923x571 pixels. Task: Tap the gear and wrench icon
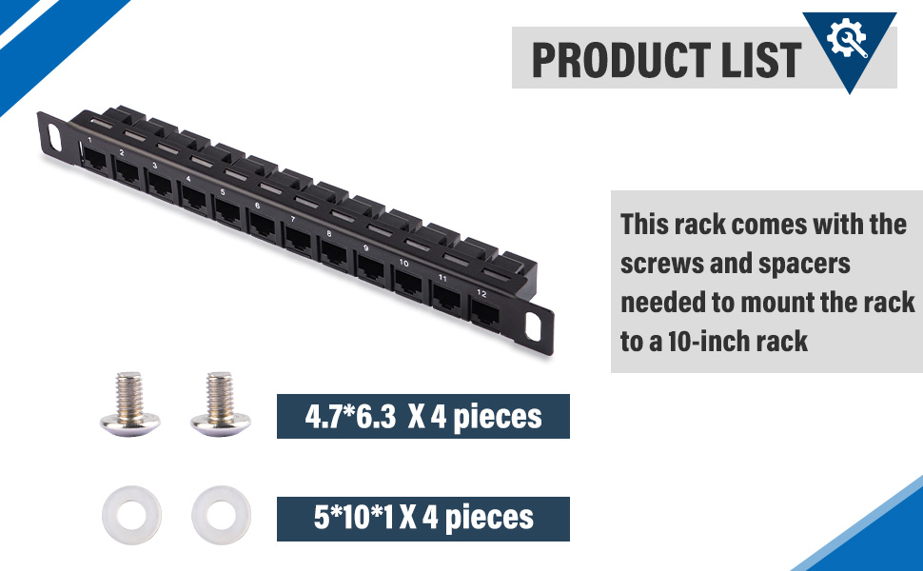847,38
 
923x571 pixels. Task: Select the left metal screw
129,404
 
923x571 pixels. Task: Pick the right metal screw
220,404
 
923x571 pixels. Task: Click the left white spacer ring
131,515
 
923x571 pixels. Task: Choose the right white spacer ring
222,515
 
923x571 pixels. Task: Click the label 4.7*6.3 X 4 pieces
423,416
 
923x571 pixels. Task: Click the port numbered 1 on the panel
95,159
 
